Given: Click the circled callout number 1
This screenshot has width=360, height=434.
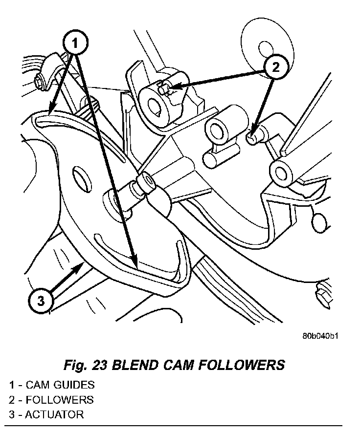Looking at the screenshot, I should pos(75,43).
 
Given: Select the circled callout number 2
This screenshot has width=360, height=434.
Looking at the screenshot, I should pos(275,68).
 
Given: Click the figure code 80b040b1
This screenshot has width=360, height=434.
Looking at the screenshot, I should pos(320,337).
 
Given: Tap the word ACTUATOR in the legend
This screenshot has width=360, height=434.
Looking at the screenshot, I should pos(54,415).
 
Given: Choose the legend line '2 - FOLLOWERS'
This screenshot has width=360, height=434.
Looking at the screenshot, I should pos(51,400).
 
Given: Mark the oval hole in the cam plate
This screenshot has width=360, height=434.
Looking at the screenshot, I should pos(82,179).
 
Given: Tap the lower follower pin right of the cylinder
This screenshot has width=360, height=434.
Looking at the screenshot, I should pos(252,137).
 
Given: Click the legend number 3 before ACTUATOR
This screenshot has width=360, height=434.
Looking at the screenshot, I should pos(11,415).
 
